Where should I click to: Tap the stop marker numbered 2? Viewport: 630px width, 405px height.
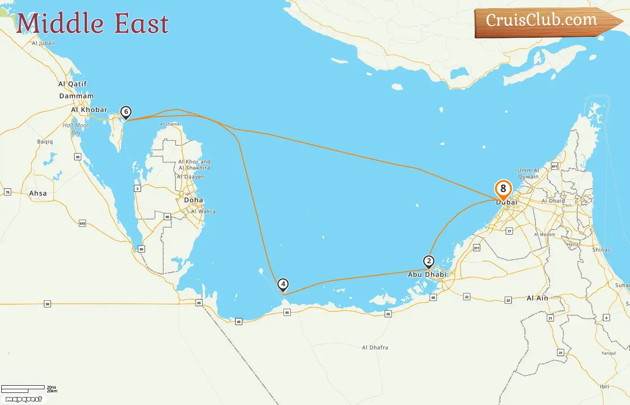point(429,261)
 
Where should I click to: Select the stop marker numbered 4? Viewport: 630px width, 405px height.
point(283,284)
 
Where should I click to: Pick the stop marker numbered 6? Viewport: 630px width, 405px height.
point(126,112)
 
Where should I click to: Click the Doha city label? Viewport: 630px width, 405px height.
point(193,200)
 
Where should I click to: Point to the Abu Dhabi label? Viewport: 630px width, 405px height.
point(427,274)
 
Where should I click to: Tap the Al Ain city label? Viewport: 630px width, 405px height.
point(537,298)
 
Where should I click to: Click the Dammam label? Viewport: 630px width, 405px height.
point(76,96)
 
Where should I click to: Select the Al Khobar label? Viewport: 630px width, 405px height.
point(89,109)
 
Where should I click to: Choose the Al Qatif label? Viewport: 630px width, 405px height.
point(72,84)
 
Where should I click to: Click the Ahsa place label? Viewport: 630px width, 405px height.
point(38,193)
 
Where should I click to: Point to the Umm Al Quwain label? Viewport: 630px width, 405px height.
point(528,174)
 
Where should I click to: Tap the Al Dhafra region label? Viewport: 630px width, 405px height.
point(375,347)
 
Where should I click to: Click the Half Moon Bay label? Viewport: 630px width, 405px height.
point(76,129)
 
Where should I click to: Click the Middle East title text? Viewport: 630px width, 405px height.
point(92,23)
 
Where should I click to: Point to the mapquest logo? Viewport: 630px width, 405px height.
point(23,399)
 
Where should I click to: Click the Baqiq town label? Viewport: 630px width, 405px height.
point(45,142)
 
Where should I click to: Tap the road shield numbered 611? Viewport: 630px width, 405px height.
point(554,166)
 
